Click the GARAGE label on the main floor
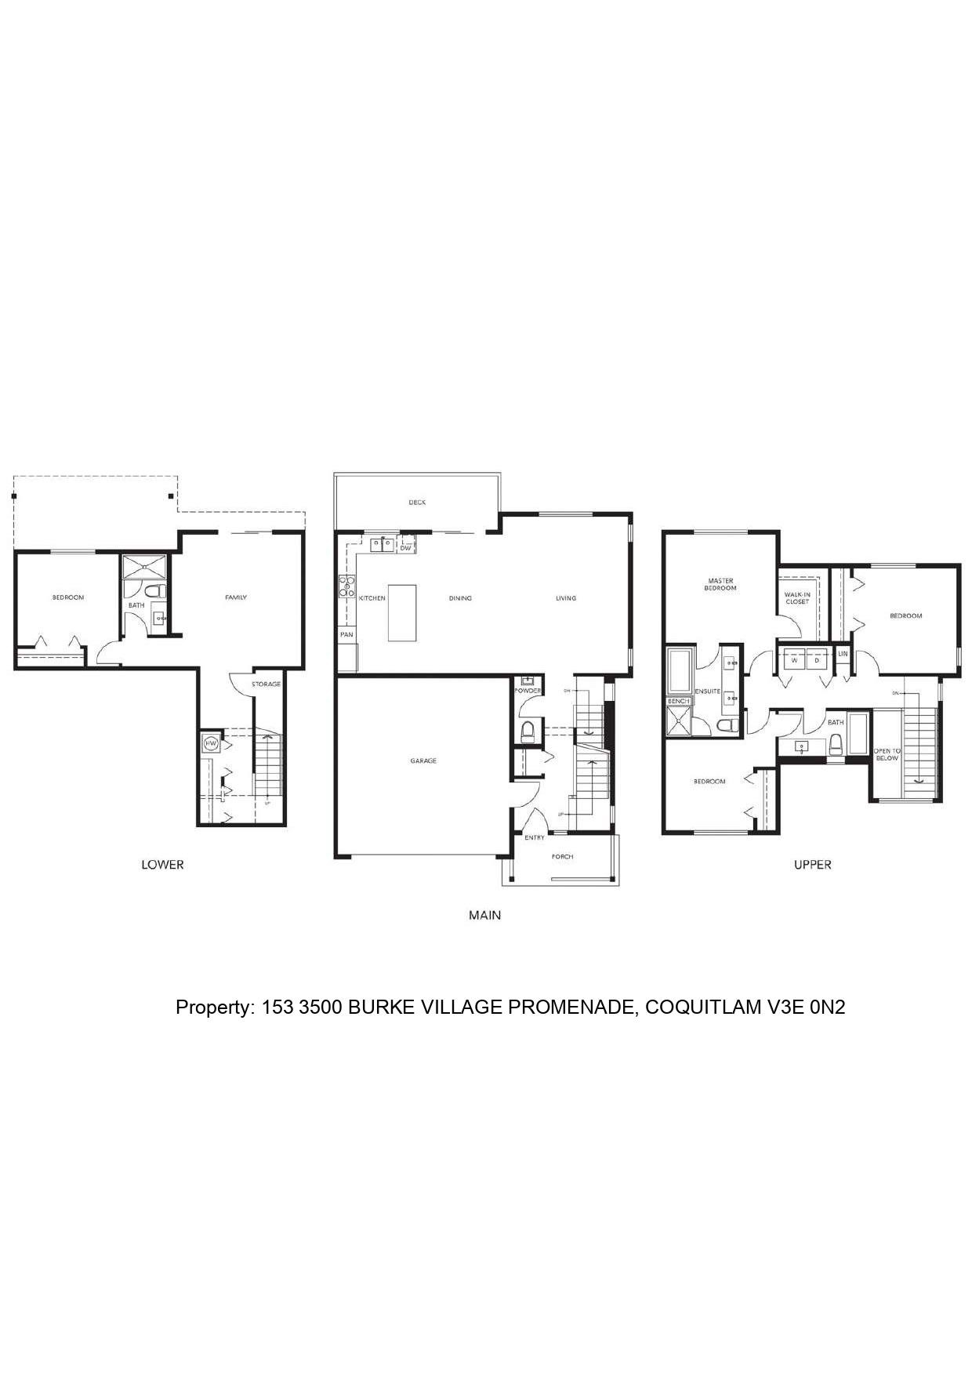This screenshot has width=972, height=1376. pos(423,761)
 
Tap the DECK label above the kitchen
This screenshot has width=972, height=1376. pos(417,503)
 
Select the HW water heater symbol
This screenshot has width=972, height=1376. pos(210,743)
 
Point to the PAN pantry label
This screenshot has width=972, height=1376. pos(346,634)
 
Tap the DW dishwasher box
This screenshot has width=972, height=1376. pos(405,548)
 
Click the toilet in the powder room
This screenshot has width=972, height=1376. pos(528,732)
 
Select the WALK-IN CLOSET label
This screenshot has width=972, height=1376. pos(797,598)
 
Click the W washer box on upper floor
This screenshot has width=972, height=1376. pos(794,660)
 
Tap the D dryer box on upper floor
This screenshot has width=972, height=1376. pos(816,660)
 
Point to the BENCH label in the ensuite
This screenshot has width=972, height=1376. pos(678,700)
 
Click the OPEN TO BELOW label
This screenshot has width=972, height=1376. pos(887,754)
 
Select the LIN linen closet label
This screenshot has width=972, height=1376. pos(843,653)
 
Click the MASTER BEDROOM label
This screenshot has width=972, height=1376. pos(720,584)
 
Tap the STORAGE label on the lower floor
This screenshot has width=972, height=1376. pos(266,684)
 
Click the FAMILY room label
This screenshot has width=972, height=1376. pos(236,597)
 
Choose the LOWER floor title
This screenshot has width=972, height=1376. pos(162,865)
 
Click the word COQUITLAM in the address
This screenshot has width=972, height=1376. pos(701,1007)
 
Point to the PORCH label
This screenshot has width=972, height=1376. pos(562,856)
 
